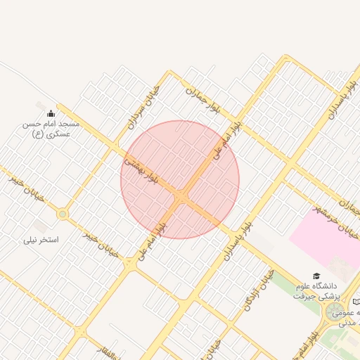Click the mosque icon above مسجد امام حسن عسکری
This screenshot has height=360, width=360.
click(51, 113)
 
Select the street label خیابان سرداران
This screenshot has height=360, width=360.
click(144, 106)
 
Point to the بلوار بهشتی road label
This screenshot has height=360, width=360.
click(141, 169)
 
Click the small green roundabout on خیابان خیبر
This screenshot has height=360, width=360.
click(63, 214)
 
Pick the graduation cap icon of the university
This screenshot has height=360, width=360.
click(316, 276)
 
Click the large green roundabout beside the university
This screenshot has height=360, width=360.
click(333, 310)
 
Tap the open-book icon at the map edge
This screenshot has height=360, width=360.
click(356, 301)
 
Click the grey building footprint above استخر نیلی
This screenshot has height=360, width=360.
click(41, 226)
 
